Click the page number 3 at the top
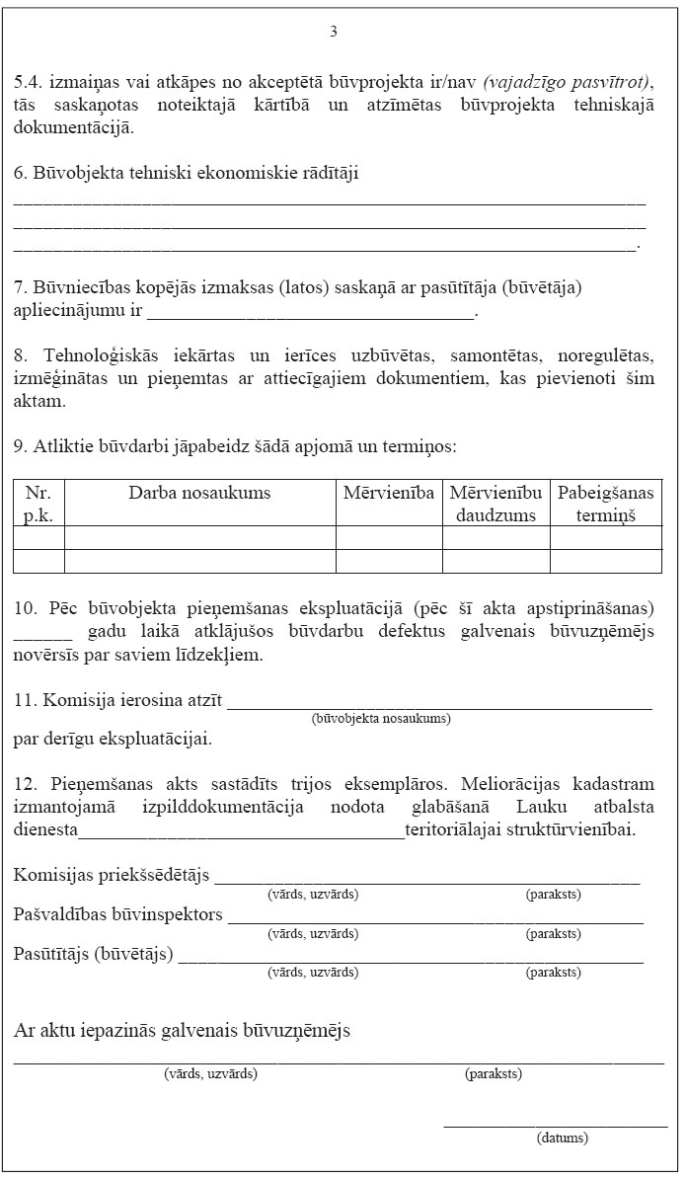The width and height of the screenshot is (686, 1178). pos(334,32)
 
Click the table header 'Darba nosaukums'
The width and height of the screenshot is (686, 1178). pos(199,493)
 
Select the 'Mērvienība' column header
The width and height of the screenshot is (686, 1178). pos(389,493)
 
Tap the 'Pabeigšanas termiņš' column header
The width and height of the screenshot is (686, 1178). pos(606,504)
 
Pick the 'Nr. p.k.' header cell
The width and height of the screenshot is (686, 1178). pos(38,504)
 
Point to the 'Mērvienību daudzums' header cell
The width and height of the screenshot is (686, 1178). pos(495,504)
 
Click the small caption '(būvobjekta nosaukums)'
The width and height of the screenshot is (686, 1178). pos(381,719)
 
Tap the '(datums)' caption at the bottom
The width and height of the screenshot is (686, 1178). pos(563,1138)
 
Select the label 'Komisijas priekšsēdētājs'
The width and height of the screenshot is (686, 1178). pos(113,876)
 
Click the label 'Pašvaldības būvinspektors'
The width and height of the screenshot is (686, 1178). pos(118,915)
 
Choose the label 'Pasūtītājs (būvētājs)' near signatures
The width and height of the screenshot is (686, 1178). pos(94,954)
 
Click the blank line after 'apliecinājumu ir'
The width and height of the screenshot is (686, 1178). pos(310,314)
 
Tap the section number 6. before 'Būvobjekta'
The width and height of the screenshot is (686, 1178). pos(21,174)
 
